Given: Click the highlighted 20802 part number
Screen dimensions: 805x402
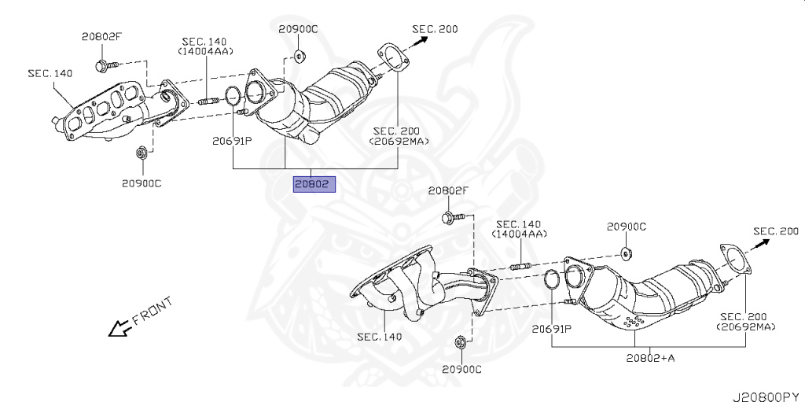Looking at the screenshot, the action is coord(314,184).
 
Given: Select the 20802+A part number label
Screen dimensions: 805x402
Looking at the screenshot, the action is coord(650,358).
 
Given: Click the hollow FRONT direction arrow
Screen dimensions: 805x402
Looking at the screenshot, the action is coord(119,328).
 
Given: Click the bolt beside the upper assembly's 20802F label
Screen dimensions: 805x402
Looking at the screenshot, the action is coord(106,65).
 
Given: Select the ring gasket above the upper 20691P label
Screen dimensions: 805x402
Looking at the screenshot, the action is coord(233,96).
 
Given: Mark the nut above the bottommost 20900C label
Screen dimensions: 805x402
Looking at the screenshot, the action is coord(460,342).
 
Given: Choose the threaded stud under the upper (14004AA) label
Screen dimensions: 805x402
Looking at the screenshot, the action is coord(208,102).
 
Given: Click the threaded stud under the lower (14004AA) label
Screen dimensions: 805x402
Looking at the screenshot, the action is coord(520,266).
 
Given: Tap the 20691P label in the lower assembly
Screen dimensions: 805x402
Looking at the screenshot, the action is coord(551,329).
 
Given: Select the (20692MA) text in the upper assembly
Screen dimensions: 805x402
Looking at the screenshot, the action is coord(399,141).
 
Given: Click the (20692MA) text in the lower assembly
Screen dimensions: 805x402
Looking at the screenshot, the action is coord(745,326).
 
